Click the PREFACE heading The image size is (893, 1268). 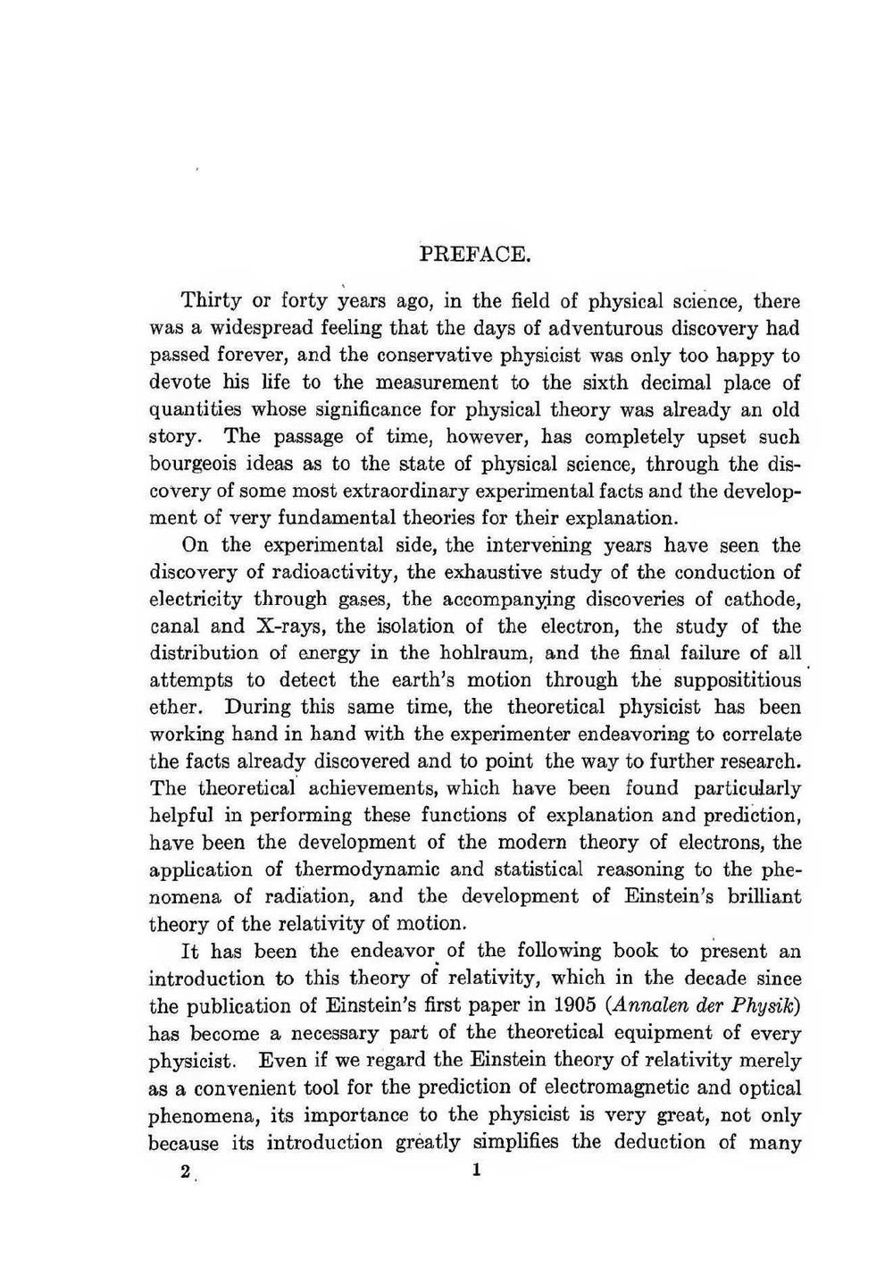coord(476,254)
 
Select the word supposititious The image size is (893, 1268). coord(738,680)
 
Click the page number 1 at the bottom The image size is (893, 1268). coord(476,1170)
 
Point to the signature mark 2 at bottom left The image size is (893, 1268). coord(185,1172)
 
